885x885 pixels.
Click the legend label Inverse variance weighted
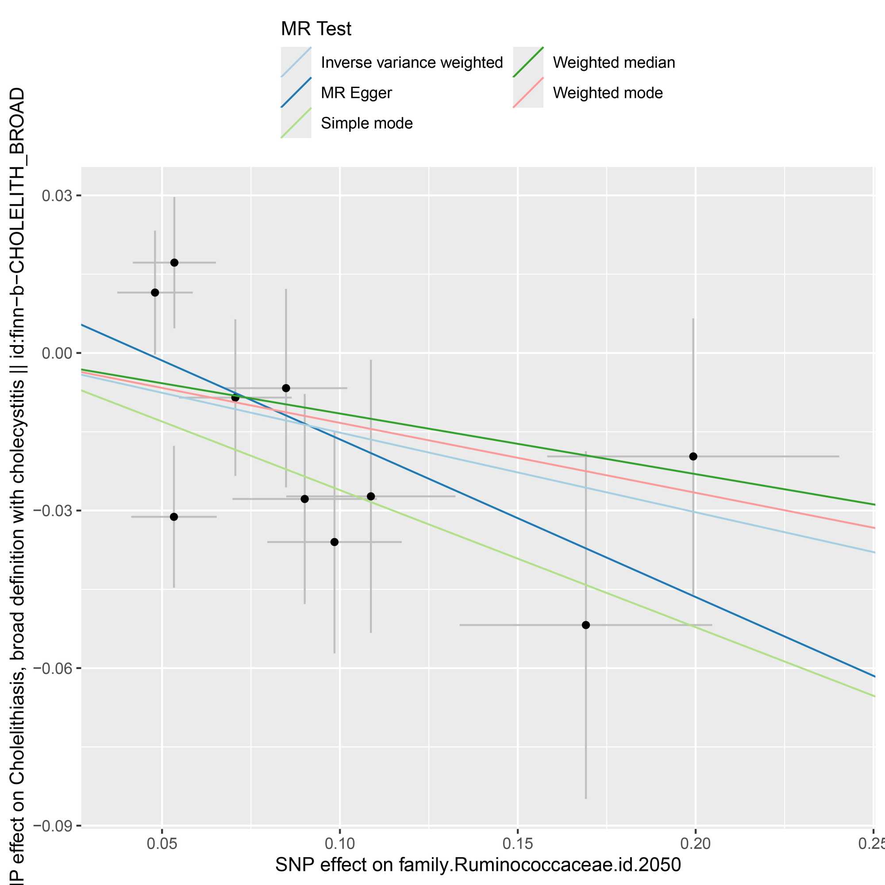(412, 62)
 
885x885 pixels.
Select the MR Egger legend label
(356, 93)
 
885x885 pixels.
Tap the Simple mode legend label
(366, 123)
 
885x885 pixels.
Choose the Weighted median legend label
(613, 62)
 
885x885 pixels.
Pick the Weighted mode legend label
(608, 93)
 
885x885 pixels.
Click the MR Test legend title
(316, 29)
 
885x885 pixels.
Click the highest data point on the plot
(174, 262)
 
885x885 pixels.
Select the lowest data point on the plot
(585, 625)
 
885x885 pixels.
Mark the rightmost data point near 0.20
(693, 456)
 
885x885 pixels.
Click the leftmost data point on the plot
(155, 292)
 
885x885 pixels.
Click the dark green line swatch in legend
(528, 62)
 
